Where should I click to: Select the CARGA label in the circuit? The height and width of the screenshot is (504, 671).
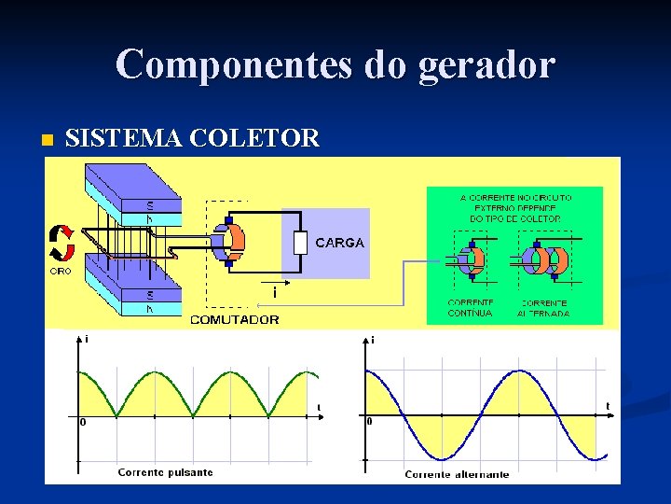click(339, 243)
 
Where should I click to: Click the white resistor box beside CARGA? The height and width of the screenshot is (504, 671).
click(299, 243)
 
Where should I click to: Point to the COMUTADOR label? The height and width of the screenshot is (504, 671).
click(234, 319)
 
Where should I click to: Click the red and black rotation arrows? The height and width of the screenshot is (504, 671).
click(62, 242)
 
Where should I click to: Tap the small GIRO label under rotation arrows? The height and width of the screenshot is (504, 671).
click(60, 272)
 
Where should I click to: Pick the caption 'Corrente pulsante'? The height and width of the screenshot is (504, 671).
click(165, 472)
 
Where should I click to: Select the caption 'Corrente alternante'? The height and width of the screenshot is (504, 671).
click(457, 474)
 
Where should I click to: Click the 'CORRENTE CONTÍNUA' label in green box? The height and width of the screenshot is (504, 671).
click(471, 308)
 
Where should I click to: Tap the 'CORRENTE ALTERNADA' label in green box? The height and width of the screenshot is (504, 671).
click(544, 308)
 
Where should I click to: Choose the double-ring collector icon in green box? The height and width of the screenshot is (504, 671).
click(544, 259)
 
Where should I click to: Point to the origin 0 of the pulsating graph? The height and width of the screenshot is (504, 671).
click(83, 422)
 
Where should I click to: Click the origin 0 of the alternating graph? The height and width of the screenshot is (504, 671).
click(371, 422)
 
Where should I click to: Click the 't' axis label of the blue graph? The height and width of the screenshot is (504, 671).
click(608, 405)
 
